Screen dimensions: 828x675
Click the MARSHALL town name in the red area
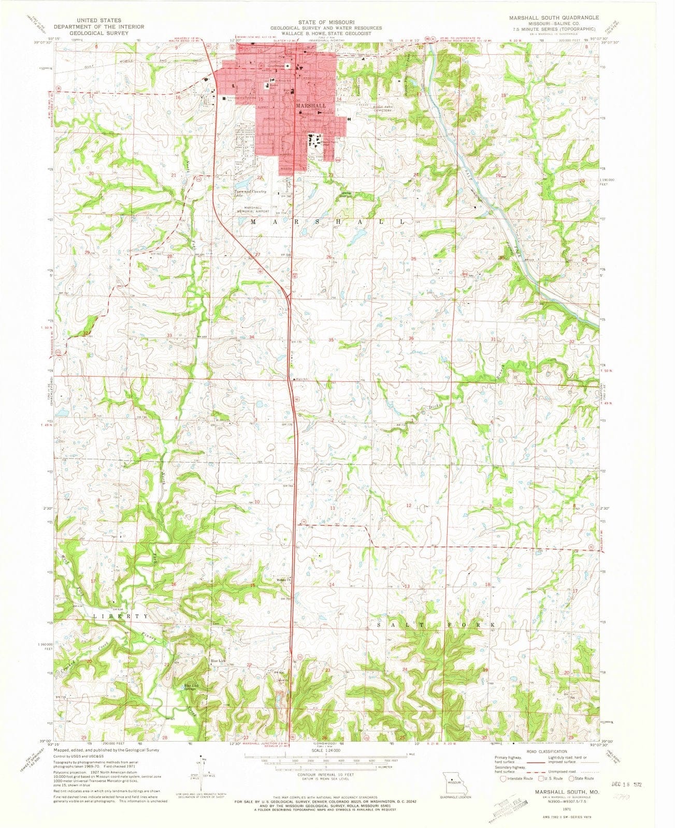point(311,105)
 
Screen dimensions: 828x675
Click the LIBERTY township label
point(121,616)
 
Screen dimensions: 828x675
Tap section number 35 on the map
point(331,340)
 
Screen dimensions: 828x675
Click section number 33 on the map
point(169,336)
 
